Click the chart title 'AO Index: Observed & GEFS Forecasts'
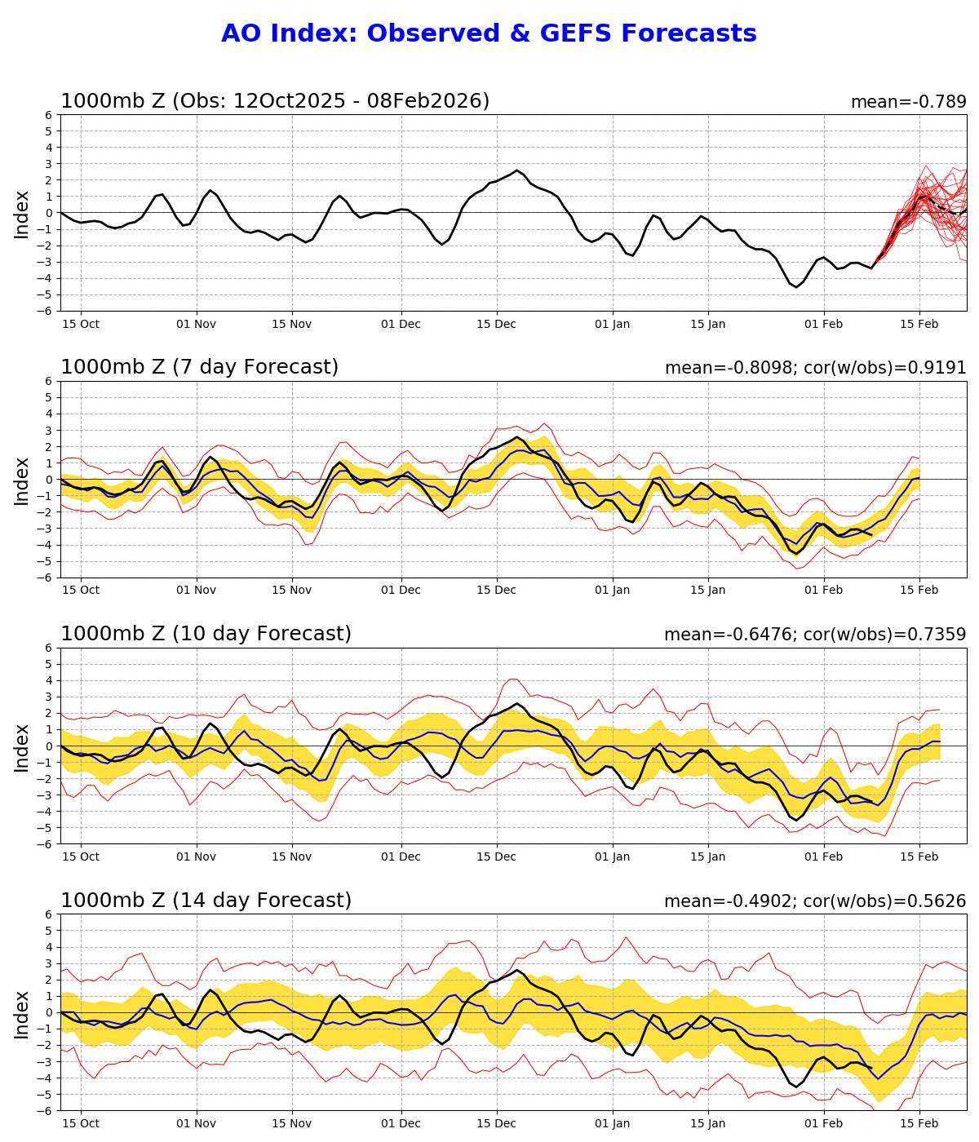[x=489, y=34]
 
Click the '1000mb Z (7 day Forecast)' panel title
[x=199, y=368]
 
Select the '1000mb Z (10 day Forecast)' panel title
[x=206, y=635]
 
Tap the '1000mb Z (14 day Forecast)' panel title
[x=206, y=901]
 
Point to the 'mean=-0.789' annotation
[x=908, y=103]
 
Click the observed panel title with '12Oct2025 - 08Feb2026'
[x=275, y=101]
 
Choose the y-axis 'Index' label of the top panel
[x=22, y=214]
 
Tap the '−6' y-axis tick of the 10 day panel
[x=47, y=844]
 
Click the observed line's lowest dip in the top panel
[x=797, y=287]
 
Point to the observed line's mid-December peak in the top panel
[x=516, y=170]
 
